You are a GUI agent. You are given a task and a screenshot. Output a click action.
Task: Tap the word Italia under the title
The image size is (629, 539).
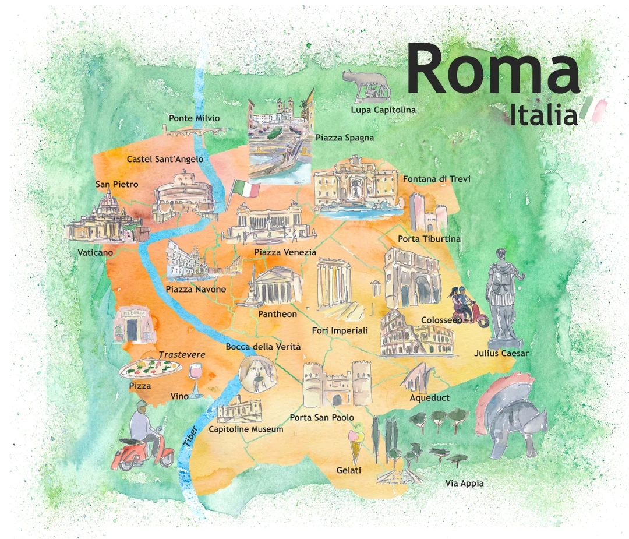point(543,115)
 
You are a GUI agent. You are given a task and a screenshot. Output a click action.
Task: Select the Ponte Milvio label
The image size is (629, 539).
point(195,118)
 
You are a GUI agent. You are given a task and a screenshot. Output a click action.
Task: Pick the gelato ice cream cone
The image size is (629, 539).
point(356,444)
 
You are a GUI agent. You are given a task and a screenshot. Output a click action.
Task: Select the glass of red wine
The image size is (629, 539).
point(196,379)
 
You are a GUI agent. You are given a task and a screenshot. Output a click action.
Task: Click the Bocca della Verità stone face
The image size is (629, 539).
point(255,373)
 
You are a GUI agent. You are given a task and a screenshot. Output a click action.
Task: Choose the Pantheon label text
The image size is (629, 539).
point(277,314)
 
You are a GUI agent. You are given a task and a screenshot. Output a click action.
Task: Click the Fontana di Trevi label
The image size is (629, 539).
point(436,179)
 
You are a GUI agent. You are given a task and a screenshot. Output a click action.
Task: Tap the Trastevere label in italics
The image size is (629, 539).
point(182,354)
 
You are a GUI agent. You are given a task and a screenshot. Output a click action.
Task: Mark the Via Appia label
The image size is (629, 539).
point(464,483)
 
